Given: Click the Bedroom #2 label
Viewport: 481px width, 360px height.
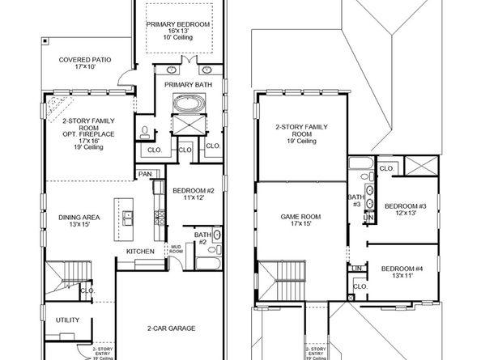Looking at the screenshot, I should (193, 194).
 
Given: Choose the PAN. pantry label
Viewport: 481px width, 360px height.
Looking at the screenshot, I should (146, 174).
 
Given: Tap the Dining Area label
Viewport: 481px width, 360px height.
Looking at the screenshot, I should (79, 220).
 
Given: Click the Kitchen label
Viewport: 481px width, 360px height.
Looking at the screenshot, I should (140, 252).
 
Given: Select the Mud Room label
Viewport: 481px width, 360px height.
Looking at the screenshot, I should (175, 250).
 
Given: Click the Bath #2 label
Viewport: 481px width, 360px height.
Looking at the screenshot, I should (202, 239).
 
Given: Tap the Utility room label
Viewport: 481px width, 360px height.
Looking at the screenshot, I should (68, 320).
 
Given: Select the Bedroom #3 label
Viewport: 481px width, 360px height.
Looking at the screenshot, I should (399, 210).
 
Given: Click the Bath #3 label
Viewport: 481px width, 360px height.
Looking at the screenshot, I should (355, 200).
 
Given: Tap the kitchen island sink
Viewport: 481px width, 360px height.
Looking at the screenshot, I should (129, 217).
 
